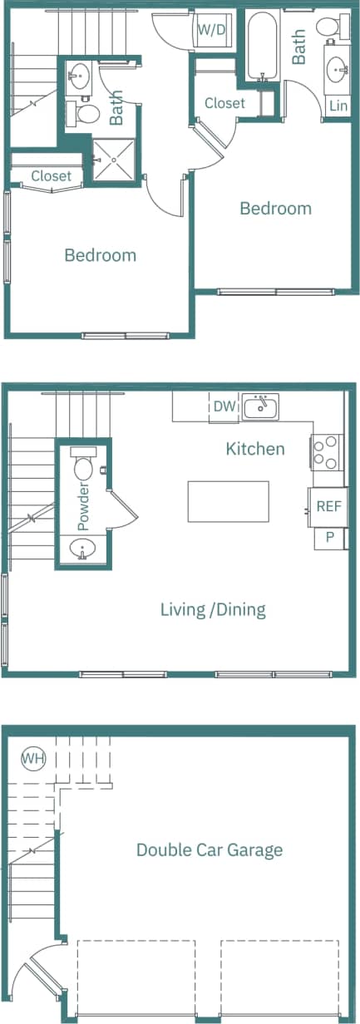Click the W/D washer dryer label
point(211,30)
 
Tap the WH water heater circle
point(33,758)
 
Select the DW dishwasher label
point(224,406)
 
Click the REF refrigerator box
point(329,505)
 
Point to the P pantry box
point(330,537)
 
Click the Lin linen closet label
point(338,106)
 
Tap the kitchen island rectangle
point(228,501)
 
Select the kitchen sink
point(261,407)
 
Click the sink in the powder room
point(83,549)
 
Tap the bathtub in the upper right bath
point(262,46)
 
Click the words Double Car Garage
point(210,849)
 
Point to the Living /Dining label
point(213,610)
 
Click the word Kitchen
point(255,449)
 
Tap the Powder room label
point(82,506)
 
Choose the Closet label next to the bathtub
point(224,103)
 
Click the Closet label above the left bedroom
point(52,176)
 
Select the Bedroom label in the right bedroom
point(275,208)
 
